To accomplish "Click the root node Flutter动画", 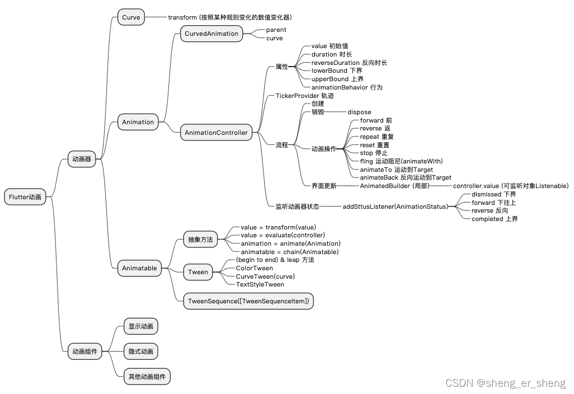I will [25, 197].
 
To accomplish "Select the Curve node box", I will [131, 17].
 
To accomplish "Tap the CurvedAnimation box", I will [211, 34].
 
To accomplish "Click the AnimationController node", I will [216, 133].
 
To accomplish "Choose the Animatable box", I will [139, 268].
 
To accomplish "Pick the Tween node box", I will [198, 272].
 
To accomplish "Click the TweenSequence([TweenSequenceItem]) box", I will [249, 301].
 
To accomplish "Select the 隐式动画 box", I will [140, 351].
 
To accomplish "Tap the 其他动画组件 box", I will [147, 377].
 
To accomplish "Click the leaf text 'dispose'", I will [359, 112].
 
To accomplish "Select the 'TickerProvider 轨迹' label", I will [304, 96].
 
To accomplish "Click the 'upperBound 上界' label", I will [337, 79].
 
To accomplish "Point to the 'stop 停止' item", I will [373, 153].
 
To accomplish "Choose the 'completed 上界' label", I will [495, 219].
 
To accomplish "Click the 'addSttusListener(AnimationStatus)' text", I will [395, 207].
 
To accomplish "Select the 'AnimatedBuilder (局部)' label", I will [394, 186].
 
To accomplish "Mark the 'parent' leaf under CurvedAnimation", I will [276, 30].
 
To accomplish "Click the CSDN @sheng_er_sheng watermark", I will [505, 383].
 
